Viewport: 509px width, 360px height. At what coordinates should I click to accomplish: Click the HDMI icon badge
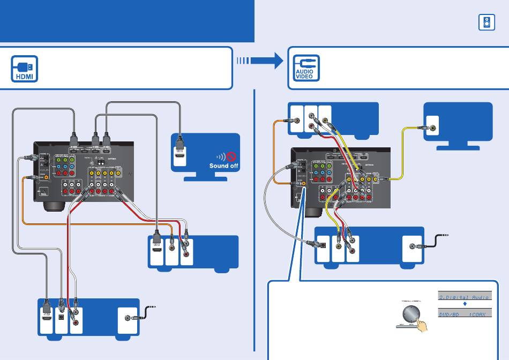[x=25, y=69]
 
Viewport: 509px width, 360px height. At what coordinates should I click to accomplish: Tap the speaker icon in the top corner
[x=486, y=22]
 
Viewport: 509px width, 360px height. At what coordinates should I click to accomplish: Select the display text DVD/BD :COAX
[x=462, y=314]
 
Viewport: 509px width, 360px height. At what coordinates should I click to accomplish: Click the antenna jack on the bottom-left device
[x=128, y=319]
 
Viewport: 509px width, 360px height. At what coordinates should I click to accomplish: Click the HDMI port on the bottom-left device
[x=47, y=319]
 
